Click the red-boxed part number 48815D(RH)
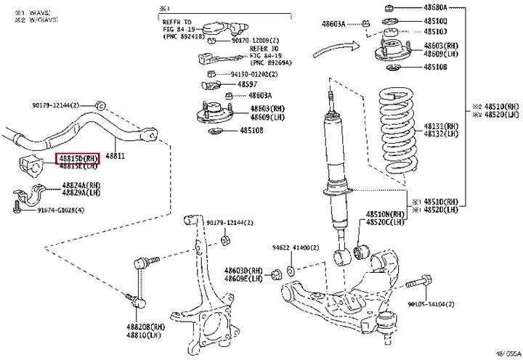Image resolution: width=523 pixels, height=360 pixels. (x=79, y=157)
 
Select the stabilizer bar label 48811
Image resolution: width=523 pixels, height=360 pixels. (x=115, y=155)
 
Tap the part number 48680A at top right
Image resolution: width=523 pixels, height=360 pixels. (x=436, y=7)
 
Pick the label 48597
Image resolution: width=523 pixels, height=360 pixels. (x=238, y=84)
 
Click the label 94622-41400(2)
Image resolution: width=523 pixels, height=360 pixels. (x=293, y=247)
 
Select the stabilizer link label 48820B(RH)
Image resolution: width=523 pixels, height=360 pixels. (x=146, y=327)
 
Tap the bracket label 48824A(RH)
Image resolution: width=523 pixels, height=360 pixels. (x=79, y=185)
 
